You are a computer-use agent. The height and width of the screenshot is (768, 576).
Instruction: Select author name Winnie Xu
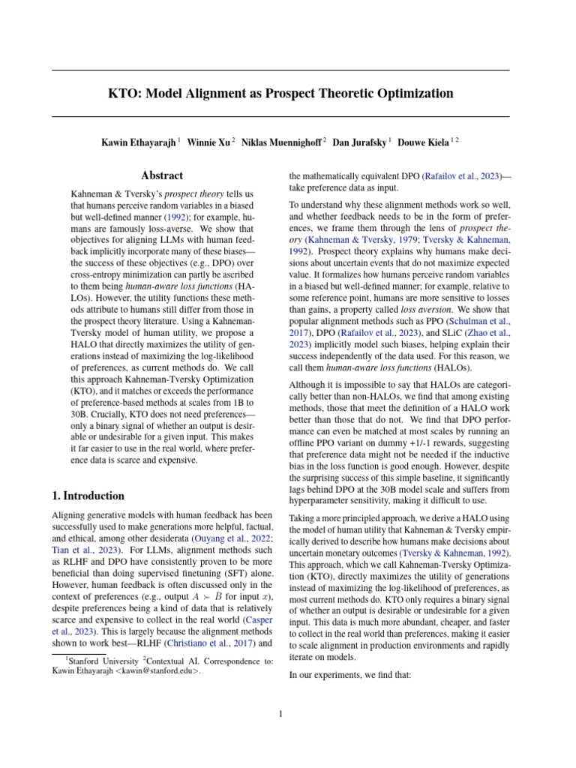(x=210, y=142)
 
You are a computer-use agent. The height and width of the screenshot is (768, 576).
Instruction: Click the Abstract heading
(x=162, y=175)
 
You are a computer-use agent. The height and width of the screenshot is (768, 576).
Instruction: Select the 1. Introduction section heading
(x=88, y=496)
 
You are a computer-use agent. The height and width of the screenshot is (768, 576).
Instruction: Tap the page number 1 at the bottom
(x=280, y=714)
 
